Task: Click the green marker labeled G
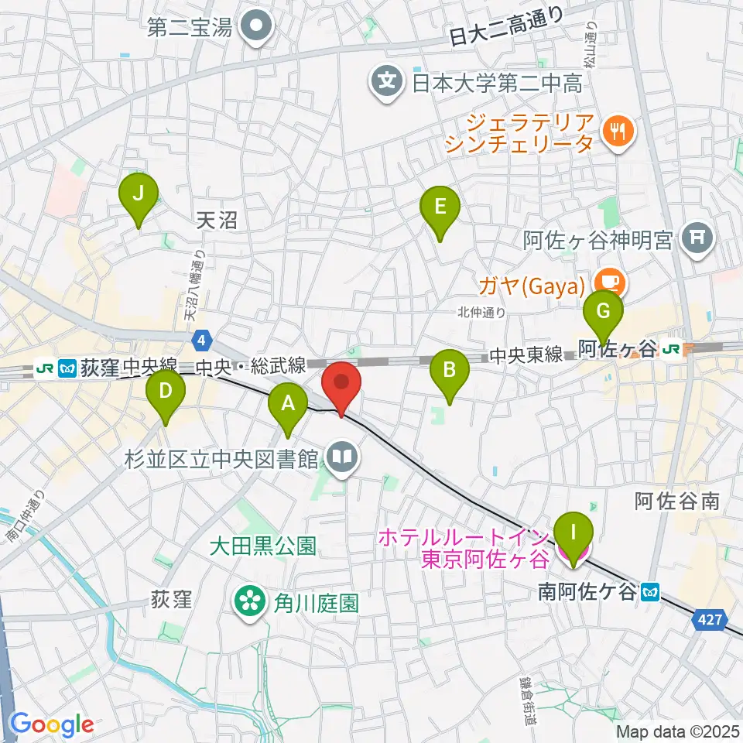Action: click(604, 314)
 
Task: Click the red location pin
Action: click(341, 385)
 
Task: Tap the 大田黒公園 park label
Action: click(263, 546)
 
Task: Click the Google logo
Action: click(53, 724)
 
